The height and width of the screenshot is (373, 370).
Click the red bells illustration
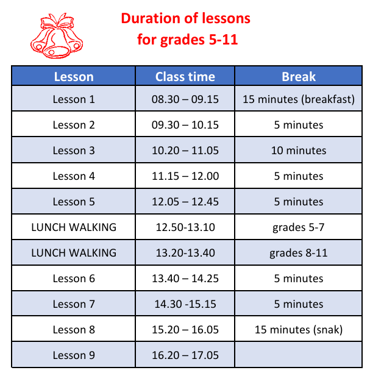click(57, 36)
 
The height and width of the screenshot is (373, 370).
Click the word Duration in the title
click(151, 18)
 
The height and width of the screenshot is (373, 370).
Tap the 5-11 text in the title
click(223, 39)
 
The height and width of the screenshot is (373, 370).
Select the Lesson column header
click(74, 77)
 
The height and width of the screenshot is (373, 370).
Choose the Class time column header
click(185, 77)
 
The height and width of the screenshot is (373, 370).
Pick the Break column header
click(299, 77)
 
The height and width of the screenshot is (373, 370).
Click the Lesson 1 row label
click(74, 99)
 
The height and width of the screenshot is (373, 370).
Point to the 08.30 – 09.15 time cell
click(185, 99)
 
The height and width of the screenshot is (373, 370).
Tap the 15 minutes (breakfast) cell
click(299, 99)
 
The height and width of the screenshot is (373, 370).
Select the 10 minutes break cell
click(299, 151)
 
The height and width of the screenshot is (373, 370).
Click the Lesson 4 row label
click(74, 176)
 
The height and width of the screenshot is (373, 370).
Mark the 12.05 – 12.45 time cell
click(185, 202)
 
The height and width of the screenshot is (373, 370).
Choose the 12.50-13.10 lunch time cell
click(185, 227)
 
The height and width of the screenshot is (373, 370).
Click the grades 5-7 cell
click(299, 228)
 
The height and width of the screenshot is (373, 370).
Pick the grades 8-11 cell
click(299, 253)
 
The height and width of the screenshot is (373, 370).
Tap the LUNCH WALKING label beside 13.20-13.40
click(74, 253)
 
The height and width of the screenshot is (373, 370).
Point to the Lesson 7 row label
click(74, 304)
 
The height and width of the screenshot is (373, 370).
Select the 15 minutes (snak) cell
click(299, 330)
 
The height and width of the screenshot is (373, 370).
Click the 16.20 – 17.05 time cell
click(185, 355)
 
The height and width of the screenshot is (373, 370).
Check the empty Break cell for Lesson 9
click(299, 355)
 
